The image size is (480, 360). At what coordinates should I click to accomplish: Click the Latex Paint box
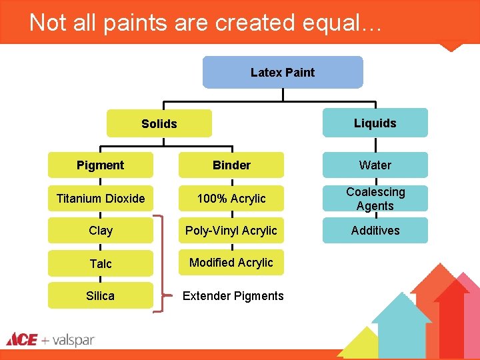(283, 72)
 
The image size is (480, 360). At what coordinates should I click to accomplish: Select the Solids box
(159, 123)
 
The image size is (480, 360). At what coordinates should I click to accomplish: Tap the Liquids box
(375, 123)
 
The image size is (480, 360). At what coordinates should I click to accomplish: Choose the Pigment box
(100, 165)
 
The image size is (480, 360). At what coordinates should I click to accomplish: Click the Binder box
(231, 165)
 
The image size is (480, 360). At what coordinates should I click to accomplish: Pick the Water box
(375, 165)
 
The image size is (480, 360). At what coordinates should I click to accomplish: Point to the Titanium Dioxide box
(100, 198)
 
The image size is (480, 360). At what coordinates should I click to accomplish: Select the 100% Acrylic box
(231, 198)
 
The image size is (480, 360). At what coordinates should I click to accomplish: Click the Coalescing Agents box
(375, 199)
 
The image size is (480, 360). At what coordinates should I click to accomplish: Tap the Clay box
(100, 231)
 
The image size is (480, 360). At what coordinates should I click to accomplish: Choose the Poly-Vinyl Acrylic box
(231, 231)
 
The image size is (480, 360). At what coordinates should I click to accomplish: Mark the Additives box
(375, 231)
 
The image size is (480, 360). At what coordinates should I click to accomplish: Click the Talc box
(100, 263)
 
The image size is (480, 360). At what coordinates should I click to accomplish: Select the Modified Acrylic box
(231, 263)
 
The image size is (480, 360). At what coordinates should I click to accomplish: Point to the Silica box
(100, 295)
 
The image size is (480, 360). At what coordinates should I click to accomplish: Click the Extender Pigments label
(233, 295)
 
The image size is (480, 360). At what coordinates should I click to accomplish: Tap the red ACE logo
(21, 340)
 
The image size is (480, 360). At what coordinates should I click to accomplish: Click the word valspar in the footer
(73, 341)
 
